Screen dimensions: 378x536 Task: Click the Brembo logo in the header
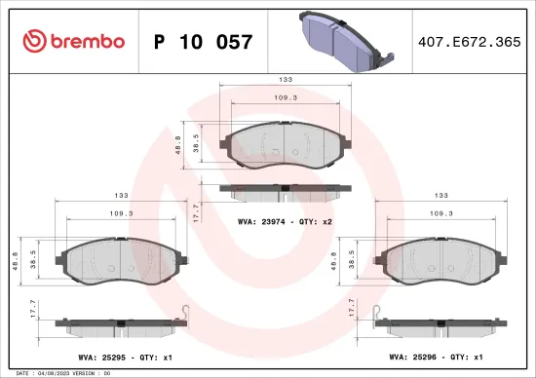(x=72, y=41)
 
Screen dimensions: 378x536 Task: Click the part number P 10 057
(x=204, y=42)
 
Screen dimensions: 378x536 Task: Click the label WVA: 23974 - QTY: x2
(x=285, y=222)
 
